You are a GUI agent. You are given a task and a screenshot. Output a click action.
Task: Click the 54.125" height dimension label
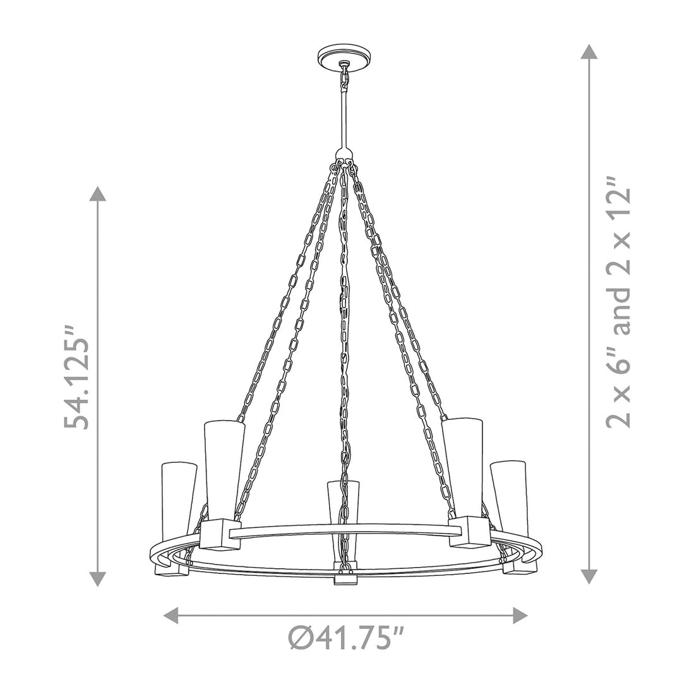pyautogui.click(x=76, y=376)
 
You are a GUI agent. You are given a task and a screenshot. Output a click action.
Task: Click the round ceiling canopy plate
pyautogui.click(x=345, y=59)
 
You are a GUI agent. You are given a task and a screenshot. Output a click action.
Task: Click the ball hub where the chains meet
pyautogui.click(x=344, y=156)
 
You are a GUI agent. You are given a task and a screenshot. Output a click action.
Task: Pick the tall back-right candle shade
pyautogui.click(x=462, y=467)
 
